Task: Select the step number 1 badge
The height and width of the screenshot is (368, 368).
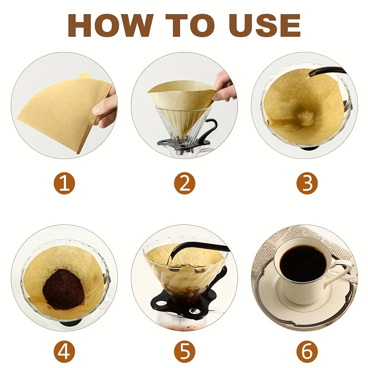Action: (x=64, y=184)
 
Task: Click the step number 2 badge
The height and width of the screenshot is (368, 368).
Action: (x=185, y=184)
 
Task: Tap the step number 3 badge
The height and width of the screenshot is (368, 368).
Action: (x=307, y=184)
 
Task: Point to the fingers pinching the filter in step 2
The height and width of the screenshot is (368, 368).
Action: (x=225, y=87)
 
